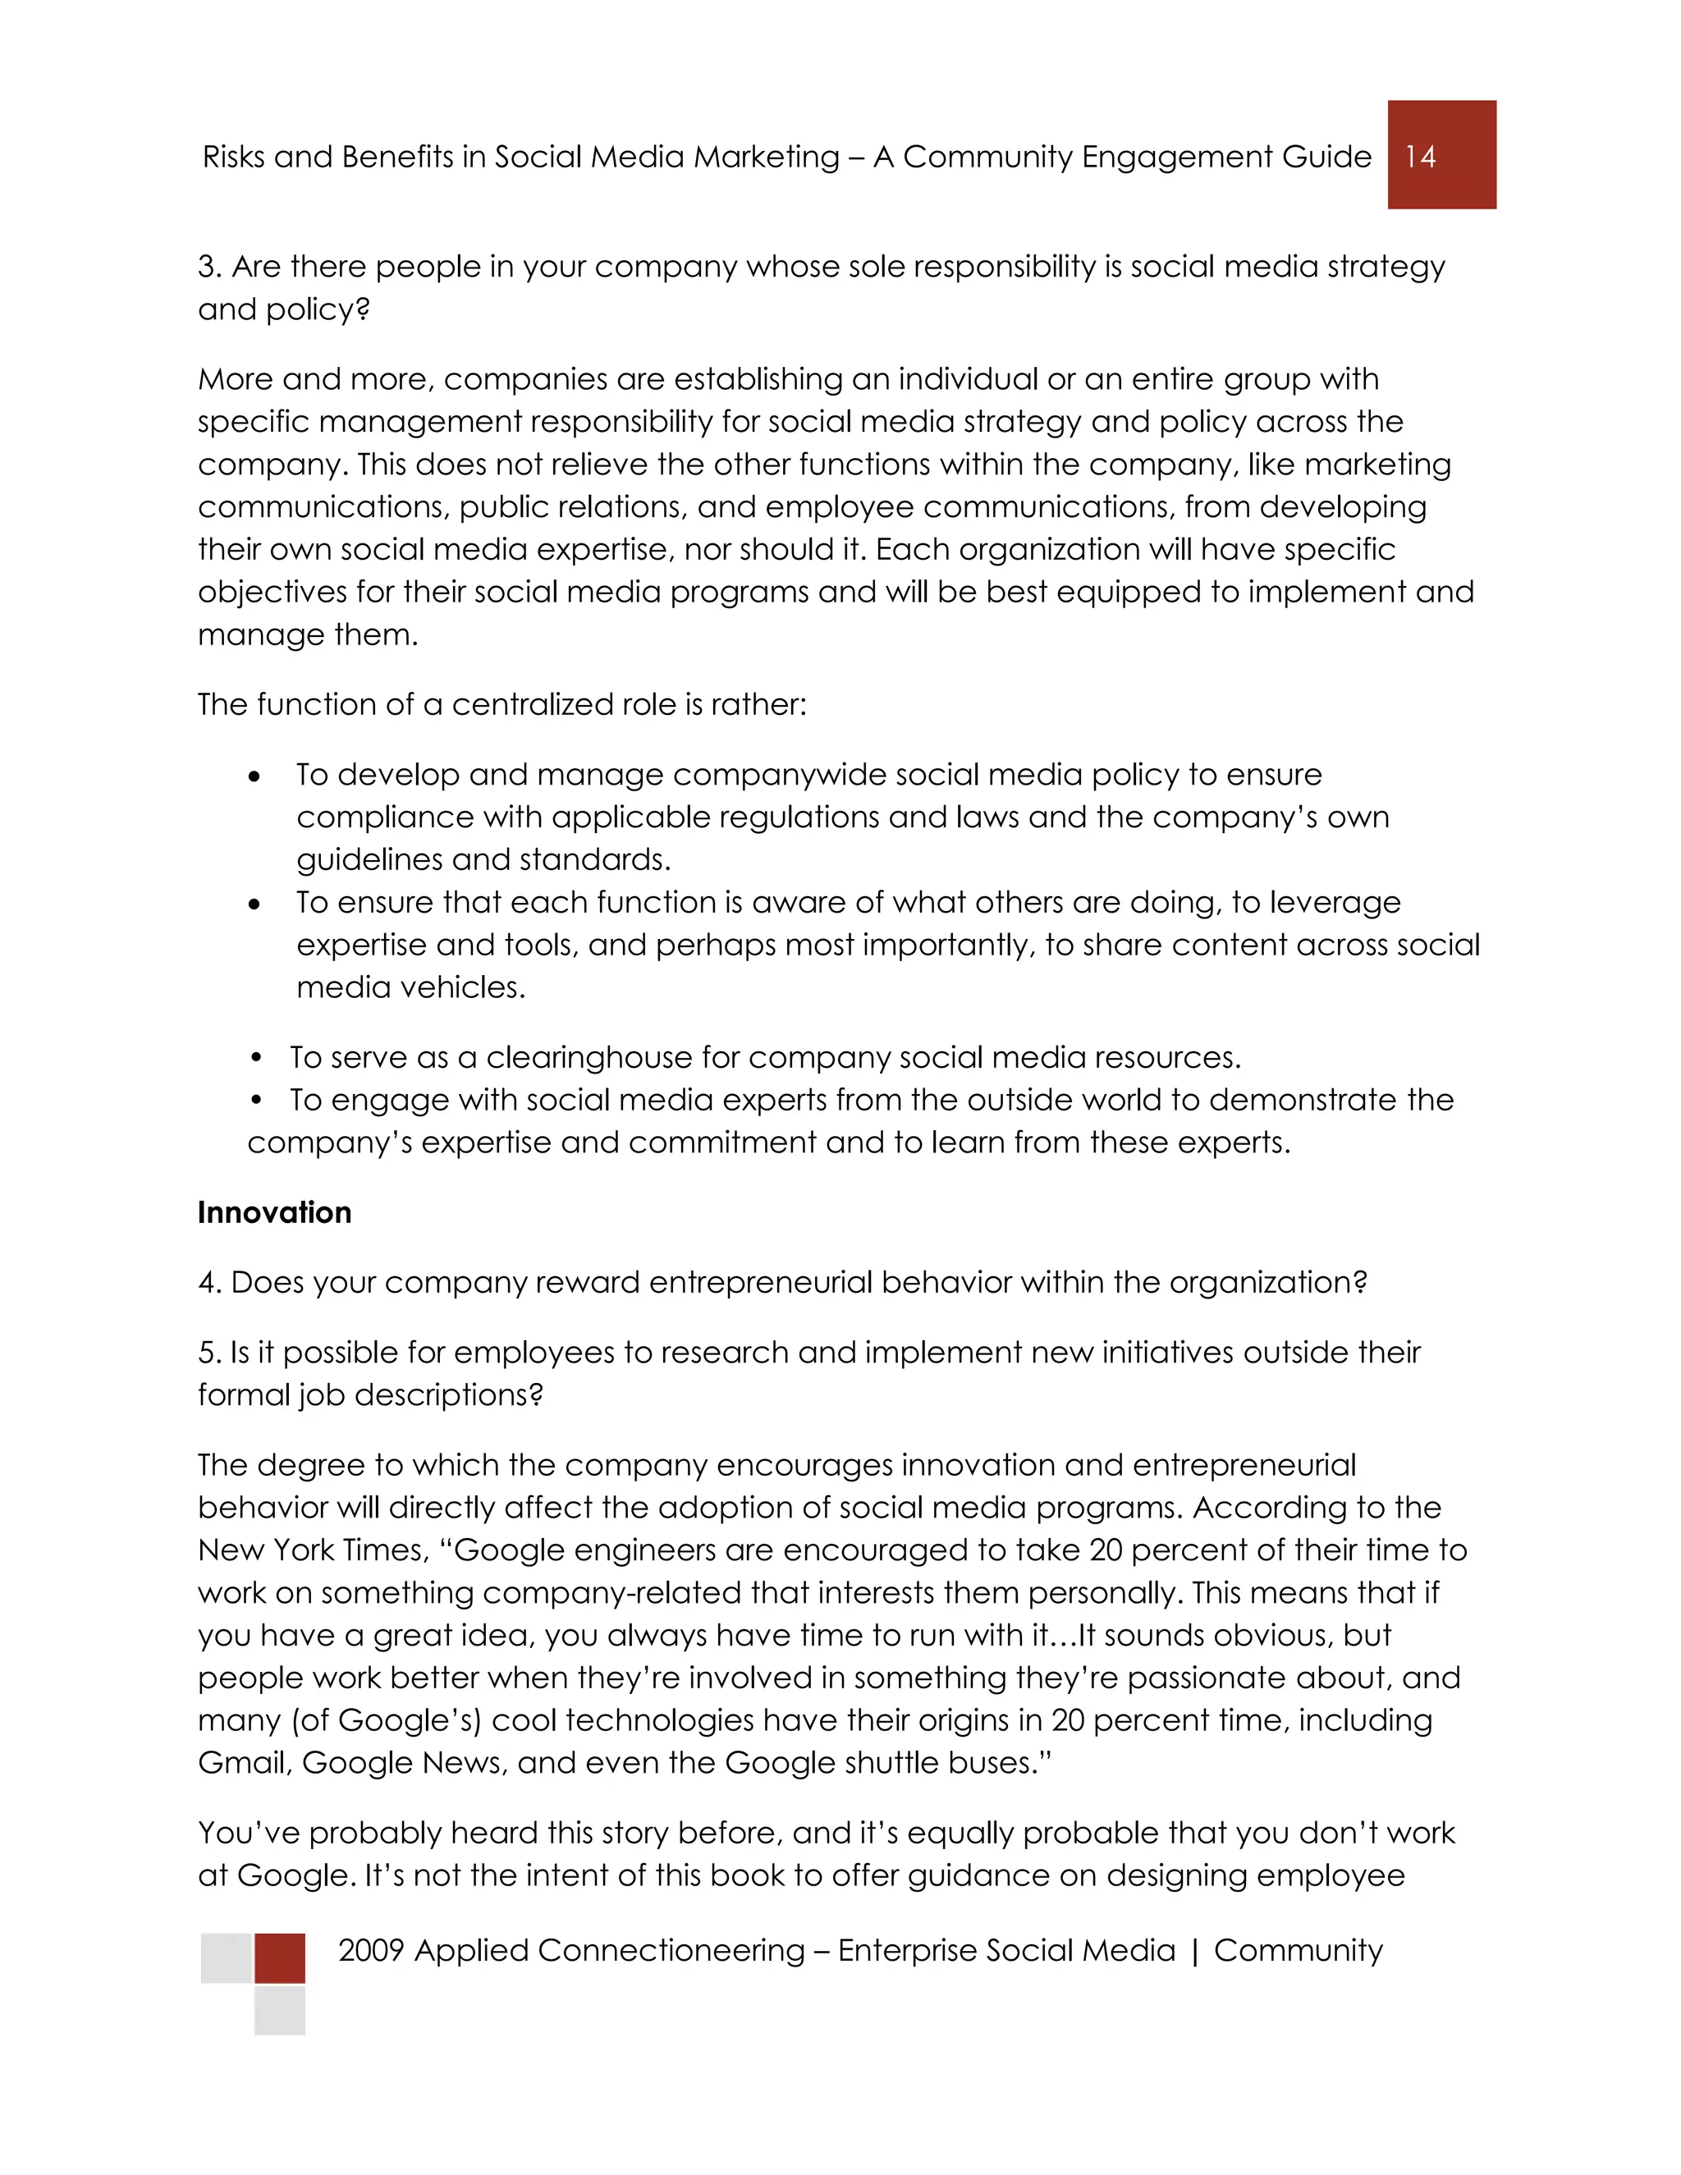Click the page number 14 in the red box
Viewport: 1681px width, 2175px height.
point(1420,156)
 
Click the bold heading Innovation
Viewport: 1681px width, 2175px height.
point(274,1212)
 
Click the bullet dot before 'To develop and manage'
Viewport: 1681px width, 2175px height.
point(255,776)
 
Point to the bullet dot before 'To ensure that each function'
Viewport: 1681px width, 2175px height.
point(255,904)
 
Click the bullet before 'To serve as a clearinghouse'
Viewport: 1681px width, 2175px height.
point(256,1056)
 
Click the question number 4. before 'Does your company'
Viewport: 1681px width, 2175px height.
point(209,1283)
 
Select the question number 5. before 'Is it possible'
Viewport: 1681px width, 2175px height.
point(208,1353)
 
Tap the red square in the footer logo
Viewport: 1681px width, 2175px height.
point(280,1957)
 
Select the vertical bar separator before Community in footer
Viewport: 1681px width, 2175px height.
point(1194,1951)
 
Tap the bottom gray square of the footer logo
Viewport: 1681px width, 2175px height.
point(280,2010)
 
